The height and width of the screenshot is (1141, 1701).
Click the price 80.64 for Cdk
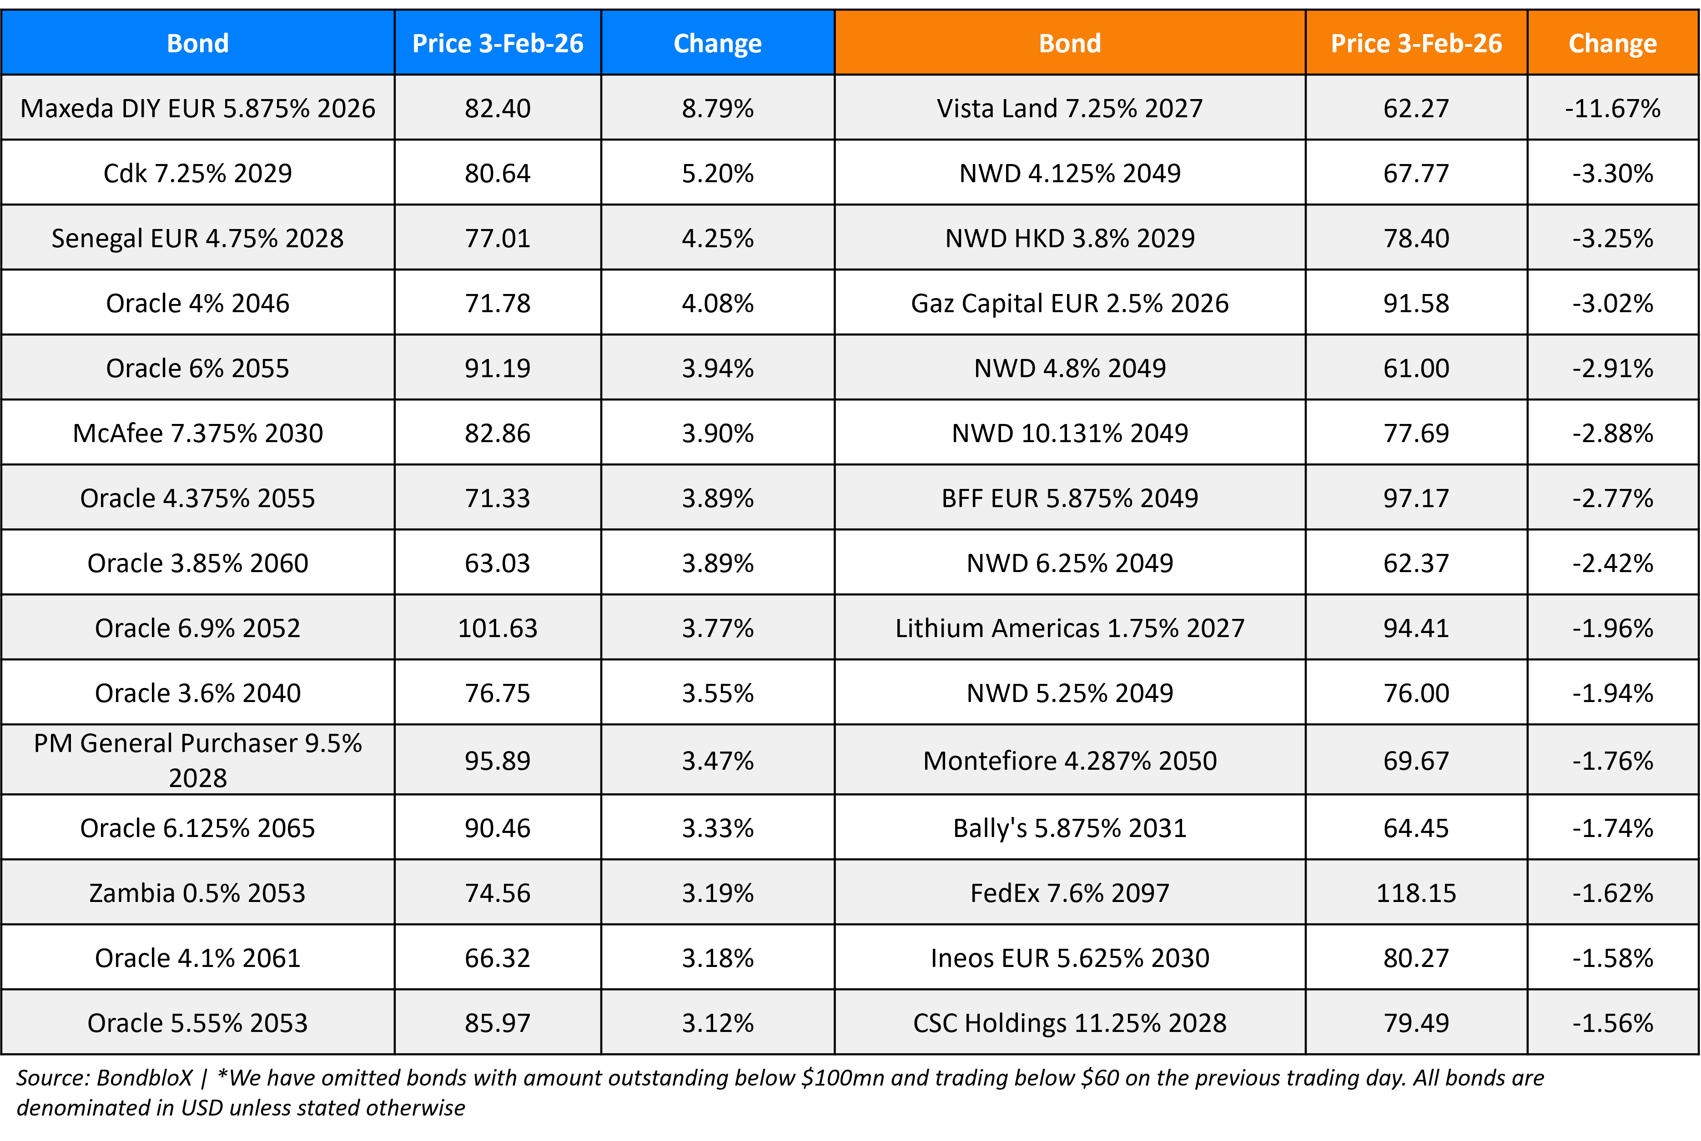click(x=498, y=173)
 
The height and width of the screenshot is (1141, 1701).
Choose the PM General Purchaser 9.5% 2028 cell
click(x=197, y=760)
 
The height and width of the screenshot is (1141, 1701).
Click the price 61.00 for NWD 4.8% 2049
click(x=1415, y=368)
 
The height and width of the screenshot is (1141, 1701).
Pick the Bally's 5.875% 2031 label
click(x=1069, y=828)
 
